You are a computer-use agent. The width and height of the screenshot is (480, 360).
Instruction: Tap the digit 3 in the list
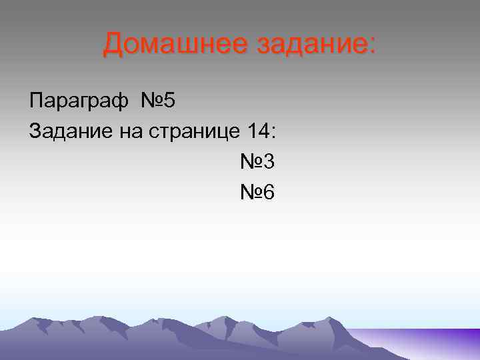[269, 162]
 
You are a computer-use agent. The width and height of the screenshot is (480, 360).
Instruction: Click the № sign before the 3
[251, 162]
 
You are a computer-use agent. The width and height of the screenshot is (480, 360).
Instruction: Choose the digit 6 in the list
[269, 193]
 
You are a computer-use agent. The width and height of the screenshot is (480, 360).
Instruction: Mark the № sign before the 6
[251, 193]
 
